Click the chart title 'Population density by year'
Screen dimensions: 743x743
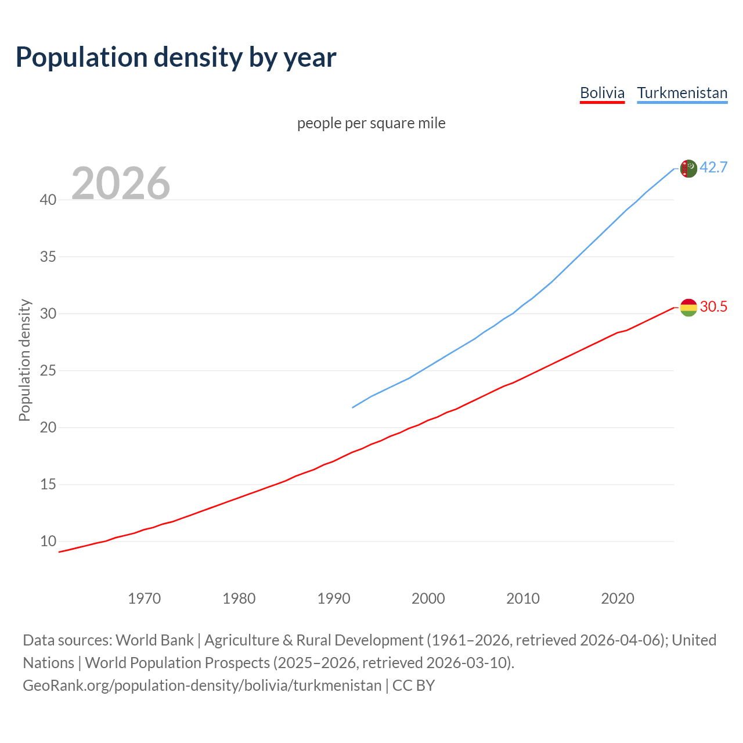pyautogui.click(x=176, y=57)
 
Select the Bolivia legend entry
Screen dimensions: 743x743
pyautogui.click(x=602, y=93)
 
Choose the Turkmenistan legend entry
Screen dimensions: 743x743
pyautogui.click(x=682, y=93)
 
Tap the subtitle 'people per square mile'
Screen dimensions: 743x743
pyautogui.click(x=371, y=123)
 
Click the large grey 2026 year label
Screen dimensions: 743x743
pyautogui.click(x=121, y=183)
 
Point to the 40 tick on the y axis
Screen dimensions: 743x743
pyautogui.click(x=48, y=200)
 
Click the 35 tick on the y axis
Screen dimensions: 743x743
pyautogui.click(x=48, y=257)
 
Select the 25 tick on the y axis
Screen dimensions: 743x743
pyautogui.click(x=48, y=370)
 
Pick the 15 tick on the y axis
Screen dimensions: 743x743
pyautogui.click(x=48, y=484)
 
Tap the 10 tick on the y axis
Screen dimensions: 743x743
pyautogui.click(x=48, y=541)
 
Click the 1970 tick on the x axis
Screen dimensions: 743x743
pyautogui.click(x=144, y=598)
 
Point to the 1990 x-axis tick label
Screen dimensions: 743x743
pyautogui.click(x=334, y=598)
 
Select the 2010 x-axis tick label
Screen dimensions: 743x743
pyautogui.click(x=523, y=598)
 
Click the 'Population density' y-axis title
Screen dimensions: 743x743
pyautogui.click(x=24, y=360)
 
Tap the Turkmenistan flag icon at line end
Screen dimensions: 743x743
pyautogui.click(x=688, y=168)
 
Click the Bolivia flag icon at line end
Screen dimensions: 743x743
pyautogui.click(x=688, y=308)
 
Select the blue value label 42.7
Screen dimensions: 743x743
pyautogui.click(x=713, y=167)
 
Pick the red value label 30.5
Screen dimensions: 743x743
pyautogui.click(x=713, y=306)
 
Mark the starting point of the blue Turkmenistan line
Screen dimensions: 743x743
pyautogui.click(x=353, y=407)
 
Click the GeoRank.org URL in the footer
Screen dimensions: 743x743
pyautogui.click(x=202, y=686)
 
